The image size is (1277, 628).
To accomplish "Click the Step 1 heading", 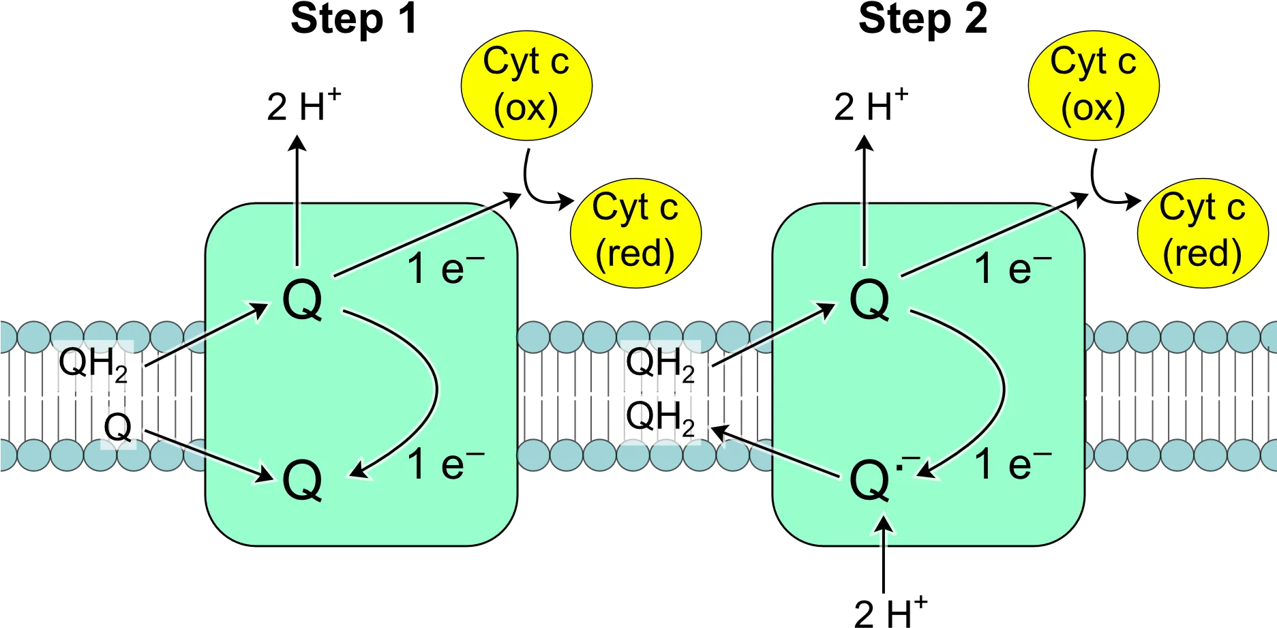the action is click(x=354, y=18).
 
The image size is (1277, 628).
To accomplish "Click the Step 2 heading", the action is click(x=922, y=18).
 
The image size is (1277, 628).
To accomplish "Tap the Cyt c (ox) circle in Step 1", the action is click(x=526, y=85).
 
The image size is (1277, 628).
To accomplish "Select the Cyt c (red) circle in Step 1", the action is click(x=635, y=233).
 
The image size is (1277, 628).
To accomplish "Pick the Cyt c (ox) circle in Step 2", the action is click(x=1094, y=85).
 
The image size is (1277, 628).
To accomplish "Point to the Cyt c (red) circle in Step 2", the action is click(x=1203, y=233).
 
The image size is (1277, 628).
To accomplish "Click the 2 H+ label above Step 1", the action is click(x=303, y=106).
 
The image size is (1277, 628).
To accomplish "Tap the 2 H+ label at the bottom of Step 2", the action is click(x=890, y=611).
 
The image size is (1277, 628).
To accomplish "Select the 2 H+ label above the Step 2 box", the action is click(x=871, y=106).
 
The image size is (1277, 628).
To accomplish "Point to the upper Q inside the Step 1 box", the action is click(x=302, y=300).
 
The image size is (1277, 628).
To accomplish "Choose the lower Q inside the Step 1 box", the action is click(x=302, y=481).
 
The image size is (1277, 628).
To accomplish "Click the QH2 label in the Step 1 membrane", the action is click(x=93, y=364).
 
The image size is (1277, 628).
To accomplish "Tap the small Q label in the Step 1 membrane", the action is click(x=118, y=428).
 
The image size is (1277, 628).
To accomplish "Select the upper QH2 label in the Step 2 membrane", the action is click(x=660, y=364).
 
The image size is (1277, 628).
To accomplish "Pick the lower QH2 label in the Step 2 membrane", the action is click(x=660, y=417).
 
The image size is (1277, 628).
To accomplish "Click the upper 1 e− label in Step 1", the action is click(x=446, y=268).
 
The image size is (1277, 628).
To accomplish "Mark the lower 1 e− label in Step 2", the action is click(x=1013, y=464).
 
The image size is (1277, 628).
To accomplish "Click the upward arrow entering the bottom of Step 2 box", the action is click(x=884, y=554).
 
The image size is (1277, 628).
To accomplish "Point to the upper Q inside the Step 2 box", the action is click(x=869, y=300).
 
